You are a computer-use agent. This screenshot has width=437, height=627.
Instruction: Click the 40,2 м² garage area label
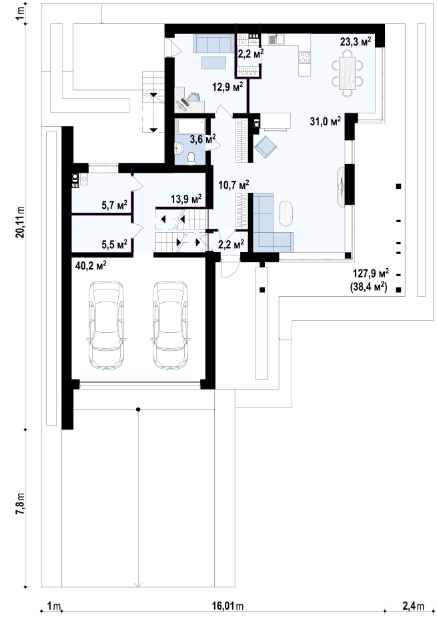(91, 265)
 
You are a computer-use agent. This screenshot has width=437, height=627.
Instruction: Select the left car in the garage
(105, 325)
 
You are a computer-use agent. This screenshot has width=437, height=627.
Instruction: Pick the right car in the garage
(170, 325)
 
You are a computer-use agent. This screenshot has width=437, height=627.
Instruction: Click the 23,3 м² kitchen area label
(355, 41)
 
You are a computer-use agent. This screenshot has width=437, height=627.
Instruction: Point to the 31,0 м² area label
(325, 121)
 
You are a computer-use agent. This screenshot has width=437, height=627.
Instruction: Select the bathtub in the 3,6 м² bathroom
(191, 126)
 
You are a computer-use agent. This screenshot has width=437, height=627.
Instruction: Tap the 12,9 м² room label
(227, 87)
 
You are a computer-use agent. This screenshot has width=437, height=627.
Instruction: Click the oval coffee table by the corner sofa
(286, 213)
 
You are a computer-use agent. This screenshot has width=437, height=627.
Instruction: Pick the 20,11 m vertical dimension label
(20, 222)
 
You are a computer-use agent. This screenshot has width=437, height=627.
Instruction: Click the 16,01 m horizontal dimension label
(228, 606)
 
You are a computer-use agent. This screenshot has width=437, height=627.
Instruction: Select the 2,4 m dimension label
(413, 606)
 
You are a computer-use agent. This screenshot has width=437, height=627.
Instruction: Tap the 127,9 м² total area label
(371, 273)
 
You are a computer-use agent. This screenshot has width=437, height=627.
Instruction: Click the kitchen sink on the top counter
(276, 39)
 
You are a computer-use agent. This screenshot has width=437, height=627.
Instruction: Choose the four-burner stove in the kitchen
(305, 57)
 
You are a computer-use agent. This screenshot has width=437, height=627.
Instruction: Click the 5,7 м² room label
(114, 205)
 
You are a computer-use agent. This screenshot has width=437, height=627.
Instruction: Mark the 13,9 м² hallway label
(186, 199)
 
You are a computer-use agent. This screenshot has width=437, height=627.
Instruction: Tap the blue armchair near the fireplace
(266, 147)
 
